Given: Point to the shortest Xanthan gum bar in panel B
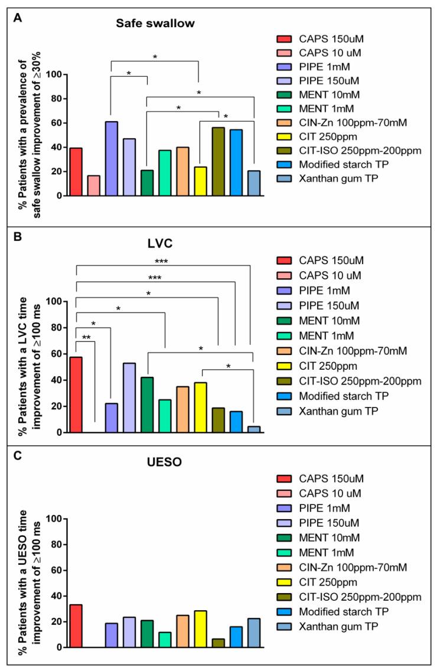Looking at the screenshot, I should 253,429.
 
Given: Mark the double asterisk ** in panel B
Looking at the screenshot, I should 86,338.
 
